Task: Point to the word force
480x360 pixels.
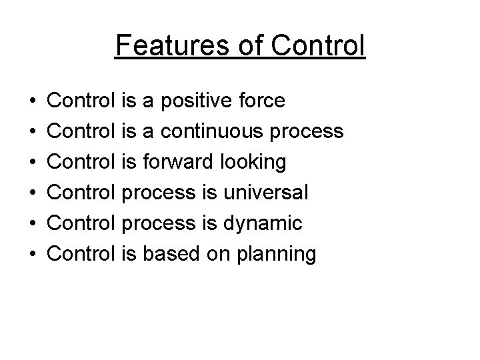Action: (261, 101)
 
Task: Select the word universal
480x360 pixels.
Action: (266, 193)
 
